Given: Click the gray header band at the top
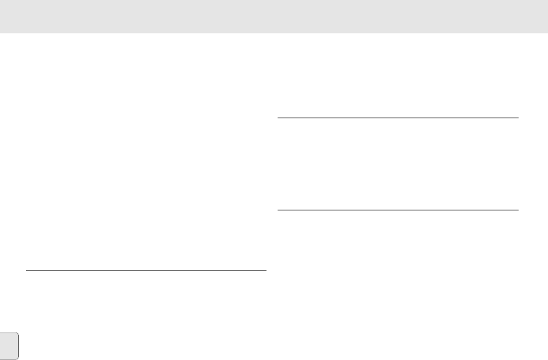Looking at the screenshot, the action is click(274, 16).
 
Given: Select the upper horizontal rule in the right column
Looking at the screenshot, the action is click(398, 118).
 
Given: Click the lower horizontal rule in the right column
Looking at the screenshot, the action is click(398, 210).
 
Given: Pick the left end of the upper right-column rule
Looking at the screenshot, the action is click(278, 118).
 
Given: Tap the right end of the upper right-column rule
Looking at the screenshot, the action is click(517, 118).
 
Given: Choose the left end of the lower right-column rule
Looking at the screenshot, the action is click(278, 210).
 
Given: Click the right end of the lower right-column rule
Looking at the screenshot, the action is click(517, 210).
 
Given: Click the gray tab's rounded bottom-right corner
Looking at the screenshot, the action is click(18, 358).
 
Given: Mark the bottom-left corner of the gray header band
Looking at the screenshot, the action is click(1, 33).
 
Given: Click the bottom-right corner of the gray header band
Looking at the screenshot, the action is click(547, 33).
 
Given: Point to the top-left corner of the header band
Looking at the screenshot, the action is click(1, 1).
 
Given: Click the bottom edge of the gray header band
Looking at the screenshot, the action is click(274, 33).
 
